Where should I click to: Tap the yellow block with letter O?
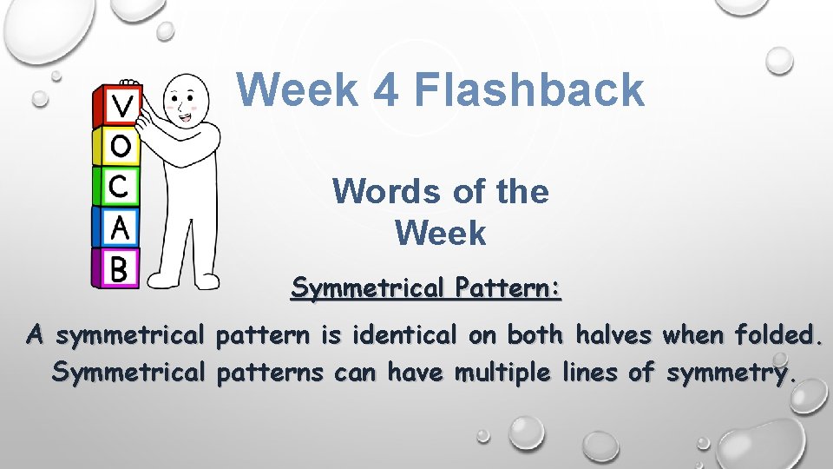click(x=121, y=147)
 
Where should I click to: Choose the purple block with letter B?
click(x=119, y=268)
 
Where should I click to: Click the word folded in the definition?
click(x=777, y=334)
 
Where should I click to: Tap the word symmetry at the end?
click(x=728, y=374)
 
